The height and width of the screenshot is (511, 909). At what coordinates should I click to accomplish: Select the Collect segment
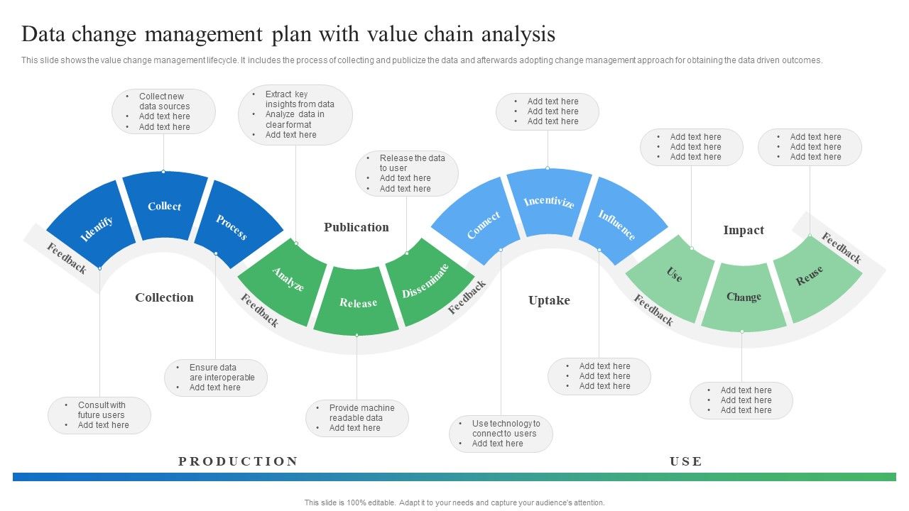165,207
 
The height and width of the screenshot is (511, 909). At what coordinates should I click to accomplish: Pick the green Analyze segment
285,281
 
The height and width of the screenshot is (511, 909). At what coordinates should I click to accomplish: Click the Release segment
357,304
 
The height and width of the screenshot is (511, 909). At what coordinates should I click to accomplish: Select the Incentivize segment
548,202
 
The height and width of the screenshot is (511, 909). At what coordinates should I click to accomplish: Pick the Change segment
744,297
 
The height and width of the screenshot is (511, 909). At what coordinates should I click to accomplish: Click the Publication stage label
356,227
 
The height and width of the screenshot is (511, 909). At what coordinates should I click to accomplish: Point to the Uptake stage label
549,300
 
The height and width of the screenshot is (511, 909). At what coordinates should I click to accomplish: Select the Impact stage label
744,230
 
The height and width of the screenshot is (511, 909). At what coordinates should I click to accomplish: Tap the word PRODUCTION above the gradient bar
238,461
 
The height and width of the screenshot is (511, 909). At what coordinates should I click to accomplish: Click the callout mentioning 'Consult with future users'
99,415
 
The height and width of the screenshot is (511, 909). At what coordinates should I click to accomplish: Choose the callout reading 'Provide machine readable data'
357,418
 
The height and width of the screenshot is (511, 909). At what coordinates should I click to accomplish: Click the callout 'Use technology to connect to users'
501,434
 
